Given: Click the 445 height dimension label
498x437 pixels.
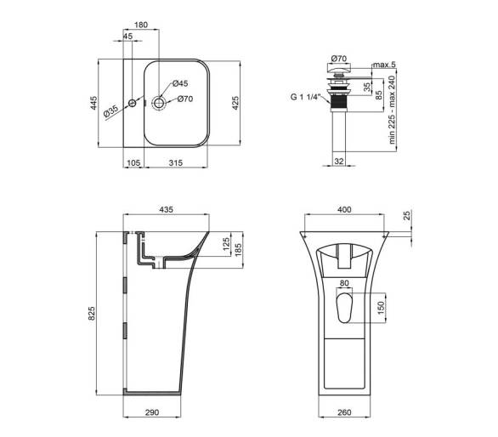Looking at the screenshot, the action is pyautogui.click(x=93, y=103).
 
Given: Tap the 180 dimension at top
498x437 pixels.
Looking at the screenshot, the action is pyautogui.click(x=141, y=25).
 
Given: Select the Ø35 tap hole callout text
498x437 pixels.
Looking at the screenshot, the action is pyautogui.click(x=110, y=111).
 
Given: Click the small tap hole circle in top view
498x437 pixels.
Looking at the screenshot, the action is pyautogui.click(x=132, y=103).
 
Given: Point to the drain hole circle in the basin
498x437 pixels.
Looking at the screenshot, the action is pyautogui.click(x=159, y=102).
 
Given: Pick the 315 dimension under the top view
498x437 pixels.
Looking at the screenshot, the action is pyautogui.click(x=175, y=162).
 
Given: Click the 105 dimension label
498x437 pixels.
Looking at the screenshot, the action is pyautogui.click(x=133, y=162).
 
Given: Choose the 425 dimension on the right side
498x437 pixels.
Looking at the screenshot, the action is pyautogui.click(x=235, y=103).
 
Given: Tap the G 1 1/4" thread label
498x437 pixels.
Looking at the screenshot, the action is pyautogui.click(x=304, y=97).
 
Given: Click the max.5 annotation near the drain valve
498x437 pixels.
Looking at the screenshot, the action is pyautogui.click(x=384, y=65).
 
